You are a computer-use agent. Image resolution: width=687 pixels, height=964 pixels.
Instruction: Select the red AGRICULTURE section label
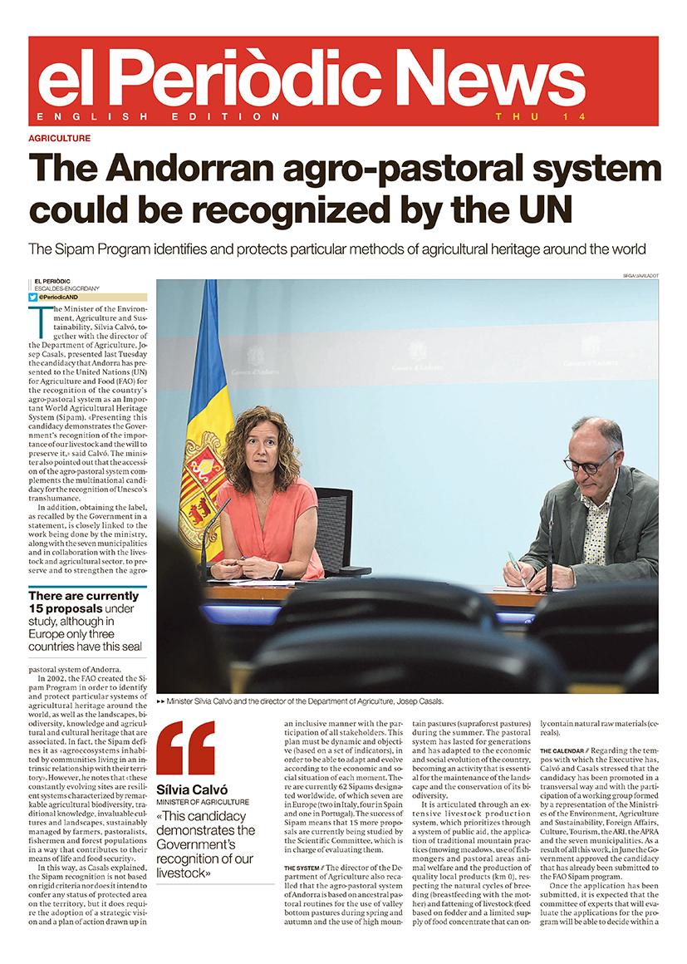click(x=59, y=139)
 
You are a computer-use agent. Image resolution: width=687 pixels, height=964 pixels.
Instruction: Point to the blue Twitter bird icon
click(x=32, y=297)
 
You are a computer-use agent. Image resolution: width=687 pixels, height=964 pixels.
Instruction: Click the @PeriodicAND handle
click(x=57, y=297)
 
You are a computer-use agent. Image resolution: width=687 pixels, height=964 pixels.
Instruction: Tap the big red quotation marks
click(x=185, y=747)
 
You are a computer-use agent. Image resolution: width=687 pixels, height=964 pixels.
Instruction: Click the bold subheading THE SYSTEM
click(x=303, y=868)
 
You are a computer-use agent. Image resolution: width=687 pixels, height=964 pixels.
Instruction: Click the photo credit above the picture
click(x=640, y=274)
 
